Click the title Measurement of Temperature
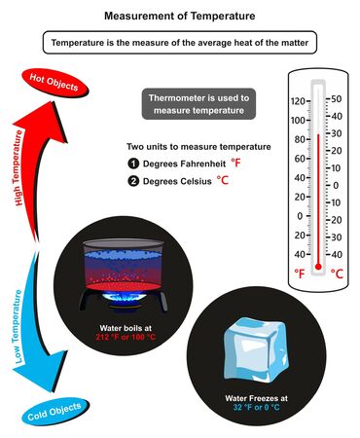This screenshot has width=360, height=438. (x=179, y=17)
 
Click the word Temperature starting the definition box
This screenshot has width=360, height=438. (x=82, y=43)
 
